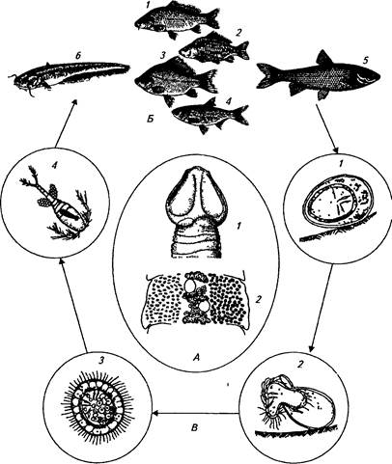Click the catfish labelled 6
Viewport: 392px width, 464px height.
(x=70, y=77)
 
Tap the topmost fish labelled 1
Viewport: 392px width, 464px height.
(x=176, y=20)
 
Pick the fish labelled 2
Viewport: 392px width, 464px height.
(x=214, y=48)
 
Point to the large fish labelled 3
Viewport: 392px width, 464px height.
(x=176, y=80)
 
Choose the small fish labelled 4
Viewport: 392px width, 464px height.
(x=210, y=114)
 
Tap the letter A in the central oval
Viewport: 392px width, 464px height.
(x=196, y=356)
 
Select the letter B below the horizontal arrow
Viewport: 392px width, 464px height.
(x=195, y=428)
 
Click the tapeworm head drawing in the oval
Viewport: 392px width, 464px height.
(x=195, y=214)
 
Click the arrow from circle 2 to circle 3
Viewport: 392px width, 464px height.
(x=197, y=414)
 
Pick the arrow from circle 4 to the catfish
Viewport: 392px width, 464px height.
(x=66, y=123)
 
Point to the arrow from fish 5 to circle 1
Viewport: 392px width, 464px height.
(x=327, y=129)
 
